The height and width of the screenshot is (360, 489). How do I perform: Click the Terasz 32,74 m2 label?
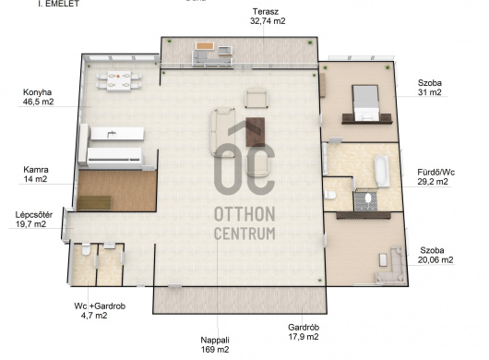pos(268,17)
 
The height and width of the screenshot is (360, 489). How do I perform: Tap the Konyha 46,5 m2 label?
pos(38,97)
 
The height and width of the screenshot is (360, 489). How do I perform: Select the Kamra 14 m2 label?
pos(36,174)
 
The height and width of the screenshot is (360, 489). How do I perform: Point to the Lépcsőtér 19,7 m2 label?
pos(34,220)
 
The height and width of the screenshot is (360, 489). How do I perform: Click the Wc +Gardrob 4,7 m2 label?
pos(100,311)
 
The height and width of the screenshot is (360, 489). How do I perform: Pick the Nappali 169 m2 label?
pos(215,344)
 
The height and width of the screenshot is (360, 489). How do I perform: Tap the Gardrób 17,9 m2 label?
pos(304,332)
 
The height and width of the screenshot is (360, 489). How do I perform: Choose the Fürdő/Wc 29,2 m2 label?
pos(436,177)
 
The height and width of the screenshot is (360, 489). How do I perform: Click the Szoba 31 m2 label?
pos(430,88)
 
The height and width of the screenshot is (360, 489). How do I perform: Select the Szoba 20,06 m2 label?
pos(435,255)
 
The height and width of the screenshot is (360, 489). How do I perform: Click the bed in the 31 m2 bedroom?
pos(365,102)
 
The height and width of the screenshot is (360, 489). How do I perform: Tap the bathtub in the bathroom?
pos(382,172)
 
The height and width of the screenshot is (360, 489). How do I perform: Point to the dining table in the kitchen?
pos(119,81)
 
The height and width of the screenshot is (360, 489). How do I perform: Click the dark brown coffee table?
pos(256,132)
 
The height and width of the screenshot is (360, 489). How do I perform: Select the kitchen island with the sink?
pos(117,134)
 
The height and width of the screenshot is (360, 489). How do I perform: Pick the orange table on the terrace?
pos(205,46)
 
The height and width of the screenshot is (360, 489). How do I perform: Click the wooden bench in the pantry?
pos(94,203)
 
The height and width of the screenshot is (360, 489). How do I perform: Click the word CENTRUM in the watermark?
pos(244,234)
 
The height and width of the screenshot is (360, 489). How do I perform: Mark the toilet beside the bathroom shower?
pos(329,196)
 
